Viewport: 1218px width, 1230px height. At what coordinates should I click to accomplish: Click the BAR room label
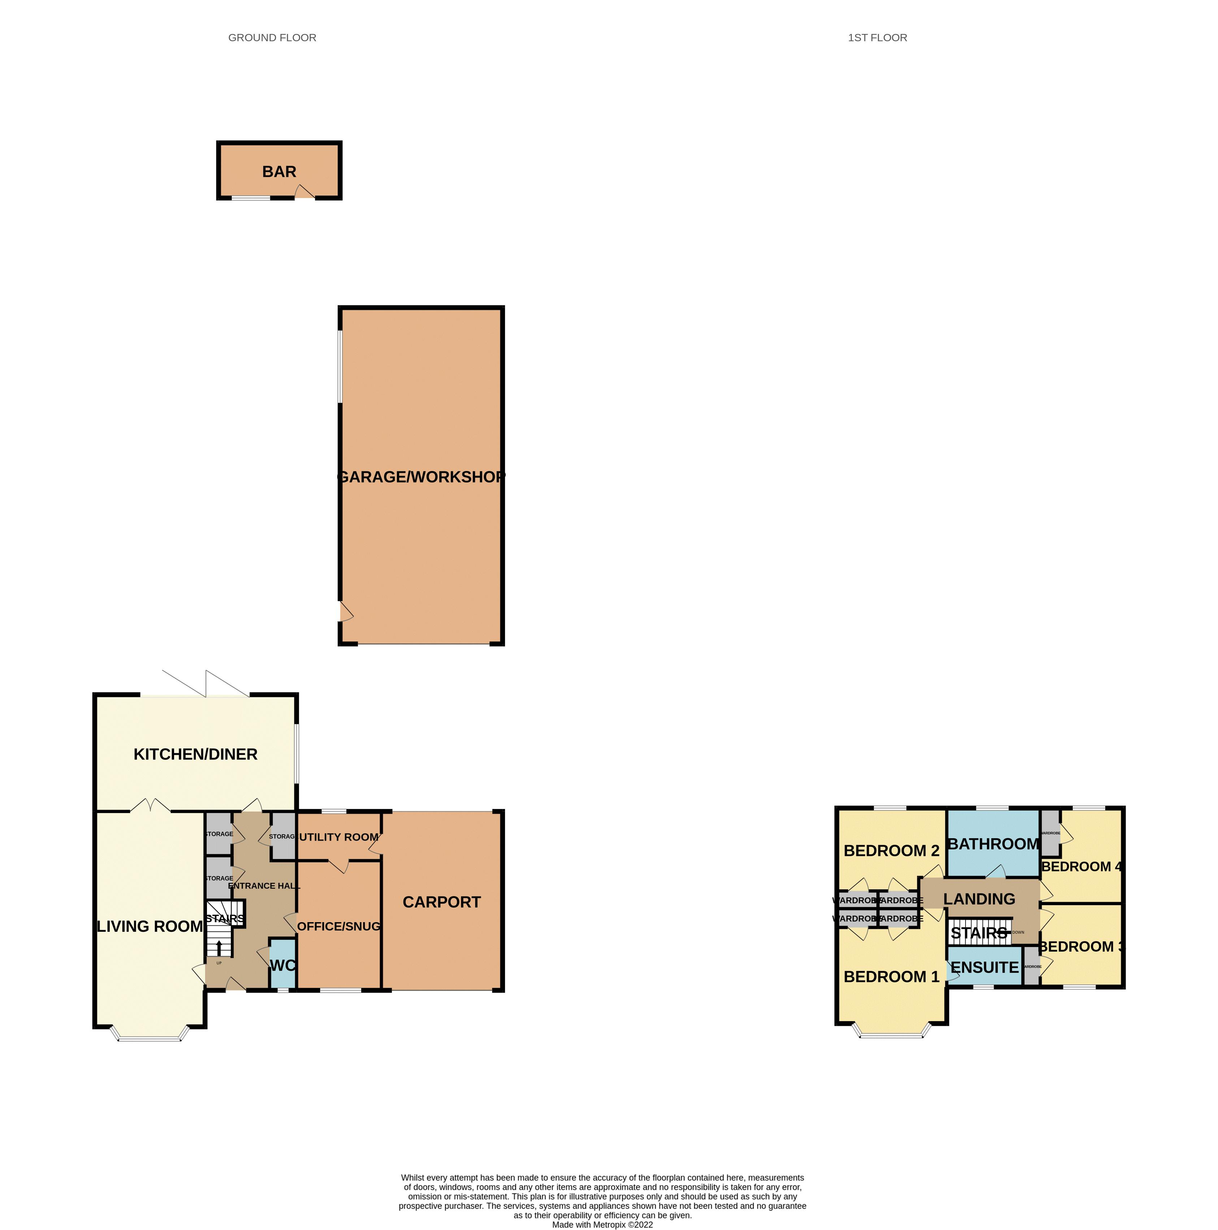[279, 172]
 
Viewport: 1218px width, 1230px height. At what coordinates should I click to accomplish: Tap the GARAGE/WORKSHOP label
[421, 477]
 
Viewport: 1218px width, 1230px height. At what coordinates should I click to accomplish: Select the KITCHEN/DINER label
[195, 754]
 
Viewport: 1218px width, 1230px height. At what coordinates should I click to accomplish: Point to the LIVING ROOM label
[150, 926]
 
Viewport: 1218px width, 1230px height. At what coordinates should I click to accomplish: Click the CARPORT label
[442, 902]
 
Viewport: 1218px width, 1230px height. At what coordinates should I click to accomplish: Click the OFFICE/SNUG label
[338, 926]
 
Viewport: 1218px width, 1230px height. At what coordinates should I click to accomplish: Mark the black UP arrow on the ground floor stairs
[219, 948]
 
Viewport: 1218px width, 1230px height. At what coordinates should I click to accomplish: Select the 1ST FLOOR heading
[877, 38]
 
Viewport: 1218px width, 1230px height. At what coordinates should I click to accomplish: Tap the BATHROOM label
[993, 844]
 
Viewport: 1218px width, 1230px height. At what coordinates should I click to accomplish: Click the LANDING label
[979, 899]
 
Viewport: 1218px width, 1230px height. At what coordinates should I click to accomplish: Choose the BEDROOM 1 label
[891, 977]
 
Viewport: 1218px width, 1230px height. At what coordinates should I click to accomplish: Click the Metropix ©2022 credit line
[602, 1224]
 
